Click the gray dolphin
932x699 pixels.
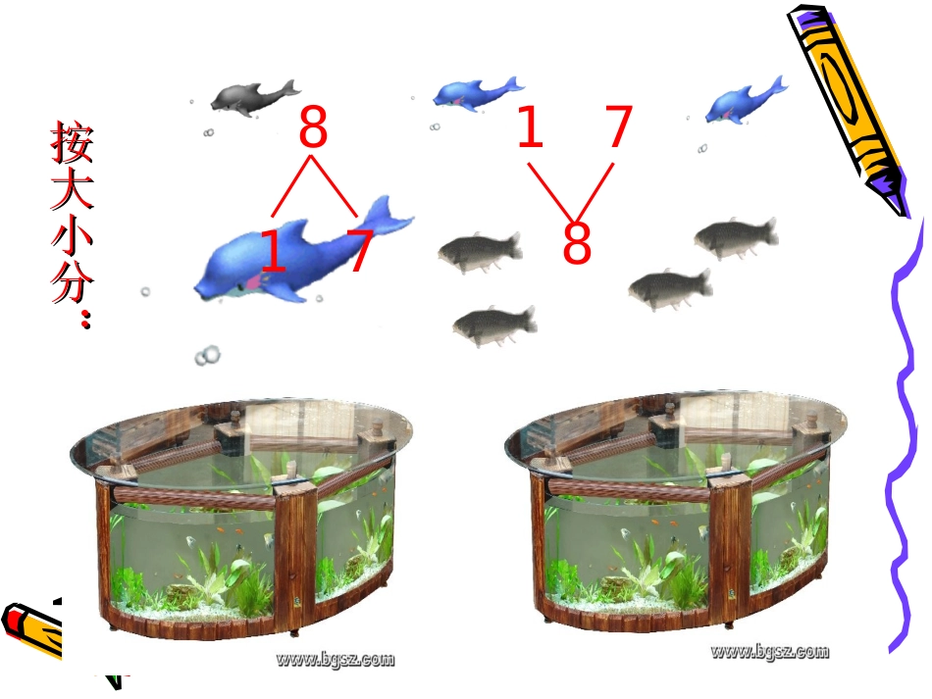coord(254,97)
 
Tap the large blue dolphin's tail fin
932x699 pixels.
coord(387,215)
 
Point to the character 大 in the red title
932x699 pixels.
coord(73,190)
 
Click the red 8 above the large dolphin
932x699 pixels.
coord(313,125)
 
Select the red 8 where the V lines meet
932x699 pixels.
coord(577,241)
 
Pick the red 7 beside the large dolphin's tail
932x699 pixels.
coord(360,251)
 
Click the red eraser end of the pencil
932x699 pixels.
coord(12,620)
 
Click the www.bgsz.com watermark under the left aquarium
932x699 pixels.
coord(335,659)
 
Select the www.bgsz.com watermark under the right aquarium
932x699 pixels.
coord(770,652)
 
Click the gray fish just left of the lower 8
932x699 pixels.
coord(481,251)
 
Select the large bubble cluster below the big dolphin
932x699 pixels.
coord(207,355)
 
